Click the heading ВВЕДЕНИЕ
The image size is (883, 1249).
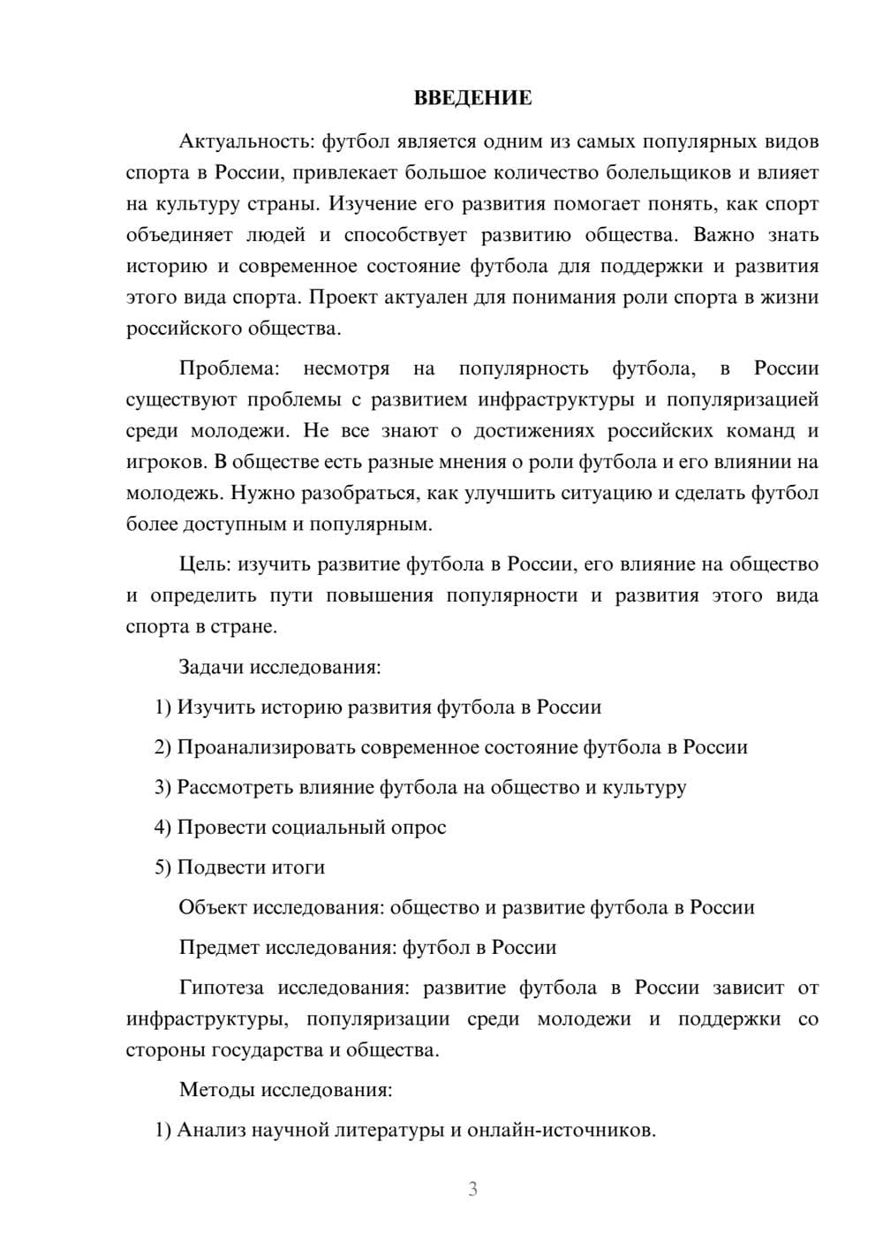point(472,98)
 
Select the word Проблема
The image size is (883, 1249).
point(229,368)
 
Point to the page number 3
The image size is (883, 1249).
point(472,1189)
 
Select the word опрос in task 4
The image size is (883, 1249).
point(419,828)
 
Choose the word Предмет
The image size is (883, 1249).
point(219,948)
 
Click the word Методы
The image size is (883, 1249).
point(216,1089)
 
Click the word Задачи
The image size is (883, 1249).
point(212,667)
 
